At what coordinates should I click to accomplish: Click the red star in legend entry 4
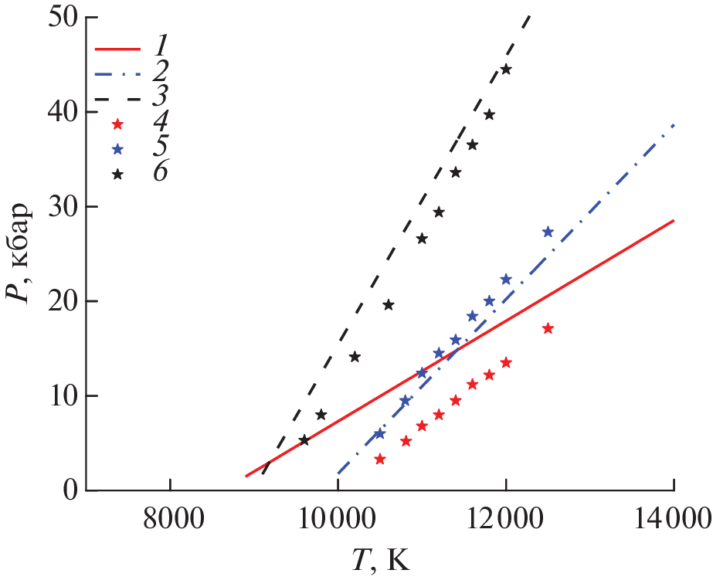pos(117,124)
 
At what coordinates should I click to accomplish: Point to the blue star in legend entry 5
pos(117,149)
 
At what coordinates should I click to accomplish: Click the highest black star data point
pos(506,70)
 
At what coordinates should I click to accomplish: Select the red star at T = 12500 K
pos(548,328)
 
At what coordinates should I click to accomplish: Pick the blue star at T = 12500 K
pos(548,232)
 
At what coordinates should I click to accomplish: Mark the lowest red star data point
pos(379,459)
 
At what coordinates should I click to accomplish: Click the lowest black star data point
pos(304,440)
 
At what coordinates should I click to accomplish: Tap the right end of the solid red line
pos(674,220)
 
